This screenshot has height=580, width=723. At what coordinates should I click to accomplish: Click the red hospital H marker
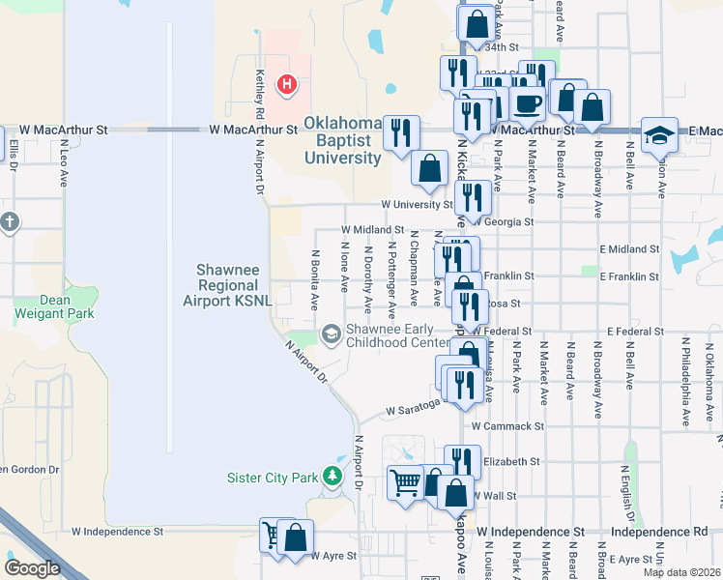pos(286,86)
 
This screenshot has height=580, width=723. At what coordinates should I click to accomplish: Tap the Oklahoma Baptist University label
pos(343,140)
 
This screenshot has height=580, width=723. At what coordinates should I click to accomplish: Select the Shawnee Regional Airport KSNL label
pos(227,286)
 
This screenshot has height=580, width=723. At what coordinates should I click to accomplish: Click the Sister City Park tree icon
pos(333,477)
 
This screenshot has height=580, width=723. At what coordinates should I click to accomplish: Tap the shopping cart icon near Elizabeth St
pos(405,481)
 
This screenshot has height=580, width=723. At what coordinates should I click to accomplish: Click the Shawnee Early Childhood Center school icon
pos(332,334)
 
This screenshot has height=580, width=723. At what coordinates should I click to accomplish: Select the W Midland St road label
pos(371,230)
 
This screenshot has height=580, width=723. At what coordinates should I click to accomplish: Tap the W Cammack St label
pos(508,425)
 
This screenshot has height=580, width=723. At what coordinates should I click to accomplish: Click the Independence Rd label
pos(659,533)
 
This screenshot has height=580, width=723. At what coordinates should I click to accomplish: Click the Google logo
pos(32,568)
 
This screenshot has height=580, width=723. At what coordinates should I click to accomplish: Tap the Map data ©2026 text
pos(680,572)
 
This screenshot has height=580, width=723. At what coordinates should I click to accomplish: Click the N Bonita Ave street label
pos(314,280)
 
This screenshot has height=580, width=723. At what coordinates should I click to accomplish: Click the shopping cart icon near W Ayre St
pos(274,534)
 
